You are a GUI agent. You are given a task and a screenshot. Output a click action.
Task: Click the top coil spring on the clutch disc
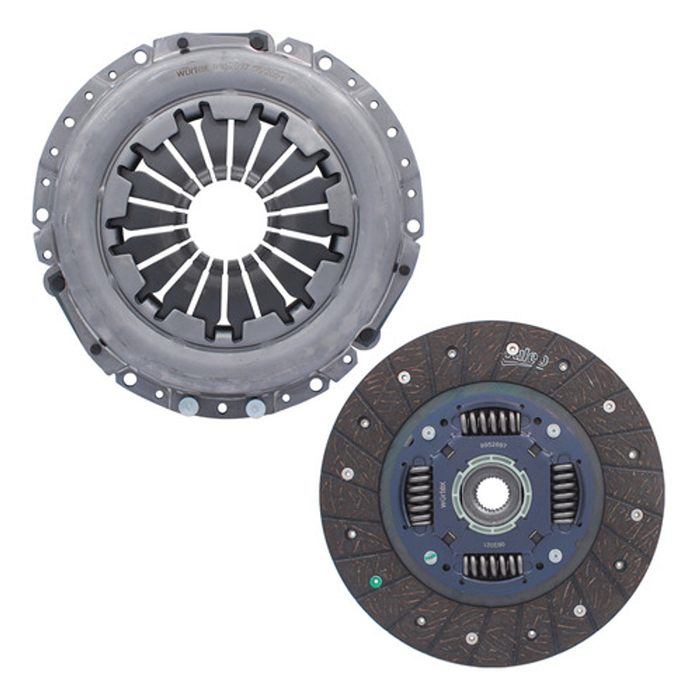(490, 423)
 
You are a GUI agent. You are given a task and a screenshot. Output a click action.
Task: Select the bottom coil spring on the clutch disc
(492, 566)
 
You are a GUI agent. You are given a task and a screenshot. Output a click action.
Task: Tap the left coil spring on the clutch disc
(419, 495)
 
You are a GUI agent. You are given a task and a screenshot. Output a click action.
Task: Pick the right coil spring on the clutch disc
(564, 493)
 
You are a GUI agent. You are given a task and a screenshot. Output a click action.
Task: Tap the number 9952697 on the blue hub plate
(493, 446)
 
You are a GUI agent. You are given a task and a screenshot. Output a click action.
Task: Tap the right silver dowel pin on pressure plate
(255, 408)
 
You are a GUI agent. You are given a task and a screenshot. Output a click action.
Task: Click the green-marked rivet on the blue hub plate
(430, 556)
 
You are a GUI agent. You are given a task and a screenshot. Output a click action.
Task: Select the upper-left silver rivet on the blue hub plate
(428, 432)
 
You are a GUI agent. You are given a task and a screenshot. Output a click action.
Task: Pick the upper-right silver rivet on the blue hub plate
(553, 430)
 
